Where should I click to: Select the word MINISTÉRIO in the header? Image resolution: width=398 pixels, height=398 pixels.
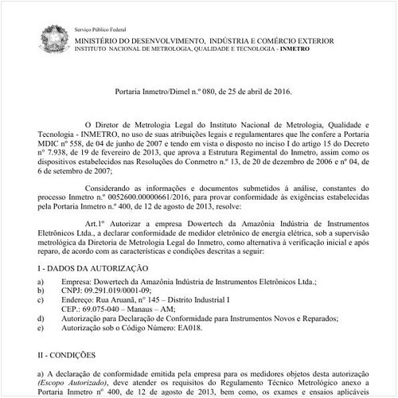(110, 37)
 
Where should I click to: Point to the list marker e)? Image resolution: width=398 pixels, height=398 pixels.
(41, 326)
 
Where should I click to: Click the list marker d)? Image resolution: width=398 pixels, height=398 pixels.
(41, 318)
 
